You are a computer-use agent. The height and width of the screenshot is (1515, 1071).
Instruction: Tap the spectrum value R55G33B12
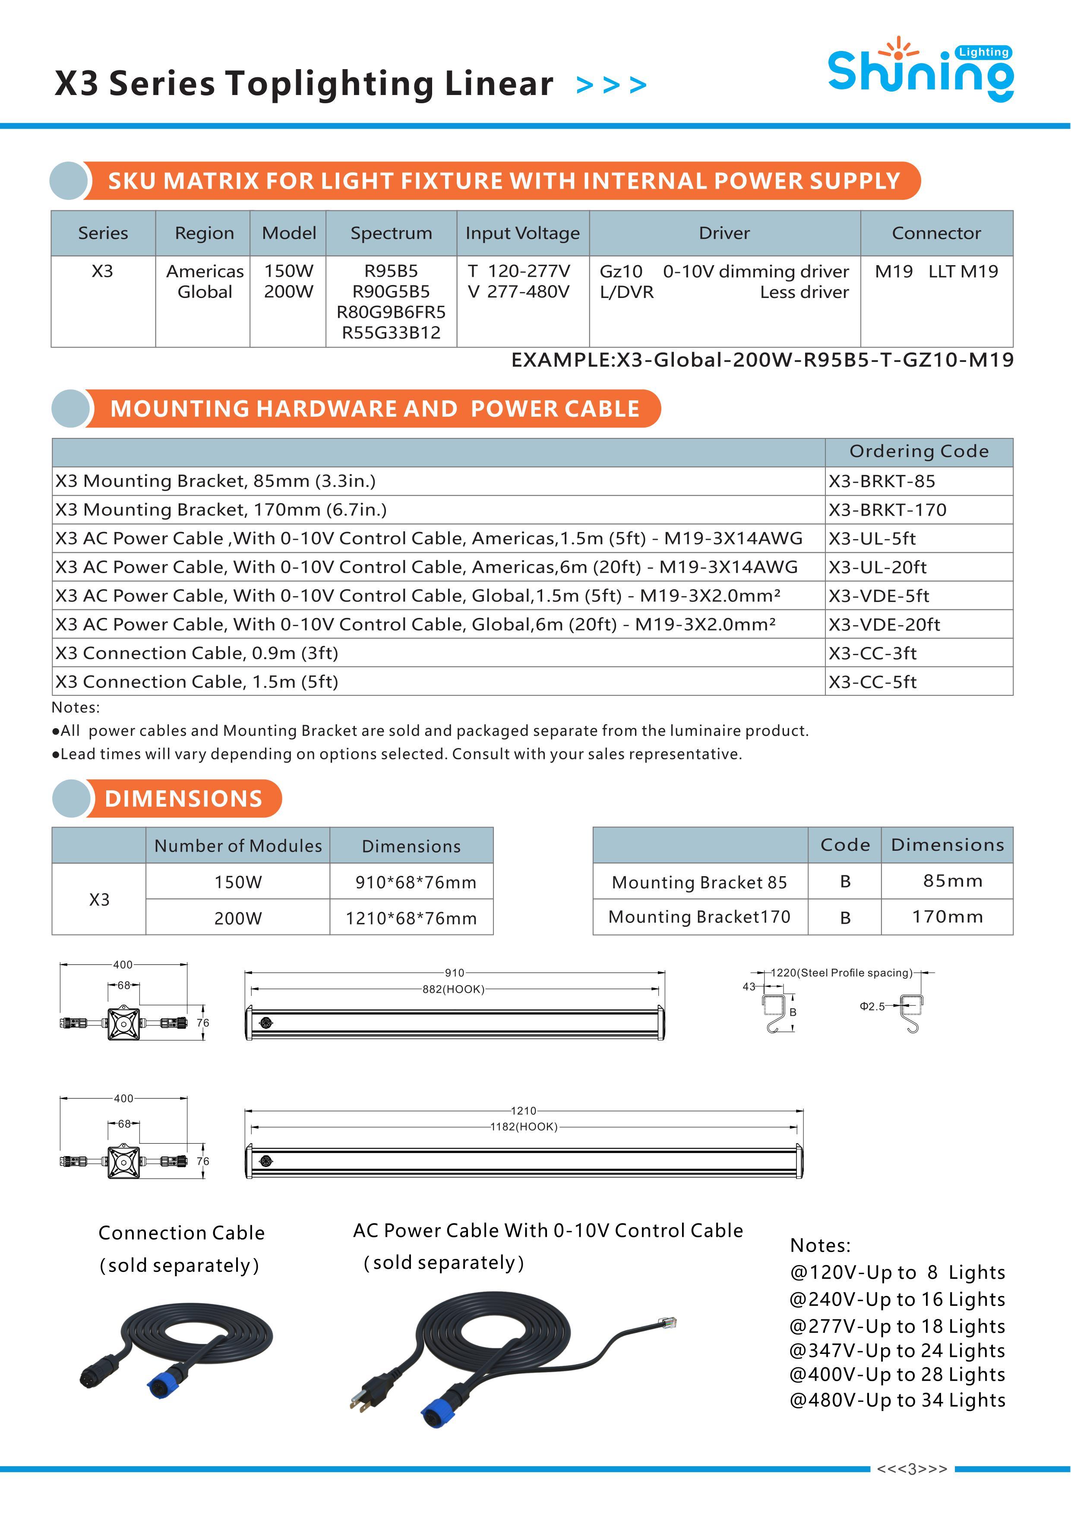391,333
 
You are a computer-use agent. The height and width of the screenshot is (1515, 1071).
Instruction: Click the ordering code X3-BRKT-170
887,510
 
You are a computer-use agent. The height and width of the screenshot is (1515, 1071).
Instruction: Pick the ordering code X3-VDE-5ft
878,596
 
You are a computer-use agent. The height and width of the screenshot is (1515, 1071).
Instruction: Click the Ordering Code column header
919,451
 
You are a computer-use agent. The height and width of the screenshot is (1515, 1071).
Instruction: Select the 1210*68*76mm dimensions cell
411,918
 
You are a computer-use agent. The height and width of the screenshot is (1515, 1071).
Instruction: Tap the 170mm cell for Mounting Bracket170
947,916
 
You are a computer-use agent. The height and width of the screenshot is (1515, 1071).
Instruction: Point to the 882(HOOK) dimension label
454,989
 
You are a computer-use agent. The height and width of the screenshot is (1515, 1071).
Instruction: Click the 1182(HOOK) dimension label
524,1126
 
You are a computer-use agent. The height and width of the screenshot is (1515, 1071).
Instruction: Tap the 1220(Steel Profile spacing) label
841,973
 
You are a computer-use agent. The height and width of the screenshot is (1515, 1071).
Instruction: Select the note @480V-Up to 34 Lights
897,1400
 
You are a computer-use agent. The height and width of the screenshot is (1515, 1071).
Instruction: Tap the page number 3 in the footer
912,1469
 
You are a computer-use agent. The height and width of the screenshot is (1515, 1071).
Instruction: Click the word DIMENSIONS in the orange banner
183,799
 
